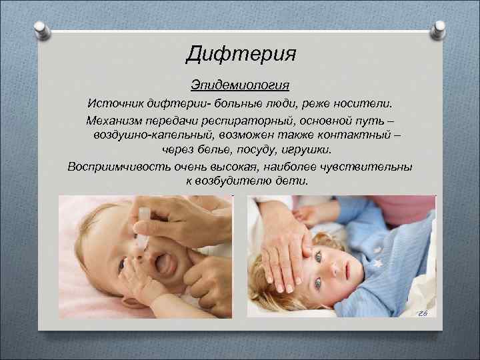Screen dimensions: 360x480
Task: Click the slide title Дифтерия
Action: pyautogui.click(x=240, y=53)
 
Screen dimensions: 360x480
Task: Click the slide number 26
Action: pyautogui.click(x=421, y=314)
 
